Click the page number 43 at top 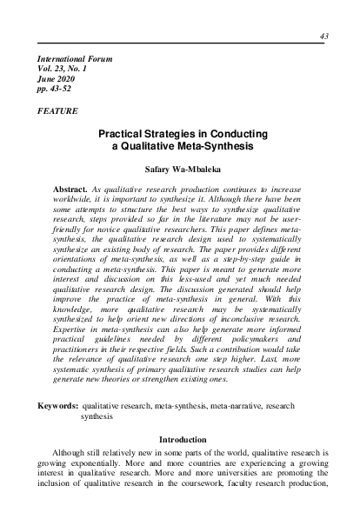[324, 36]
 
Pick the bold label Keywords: [55, 406]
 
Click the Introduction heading [182, 439]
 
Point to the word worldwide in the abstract [76, 200]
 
